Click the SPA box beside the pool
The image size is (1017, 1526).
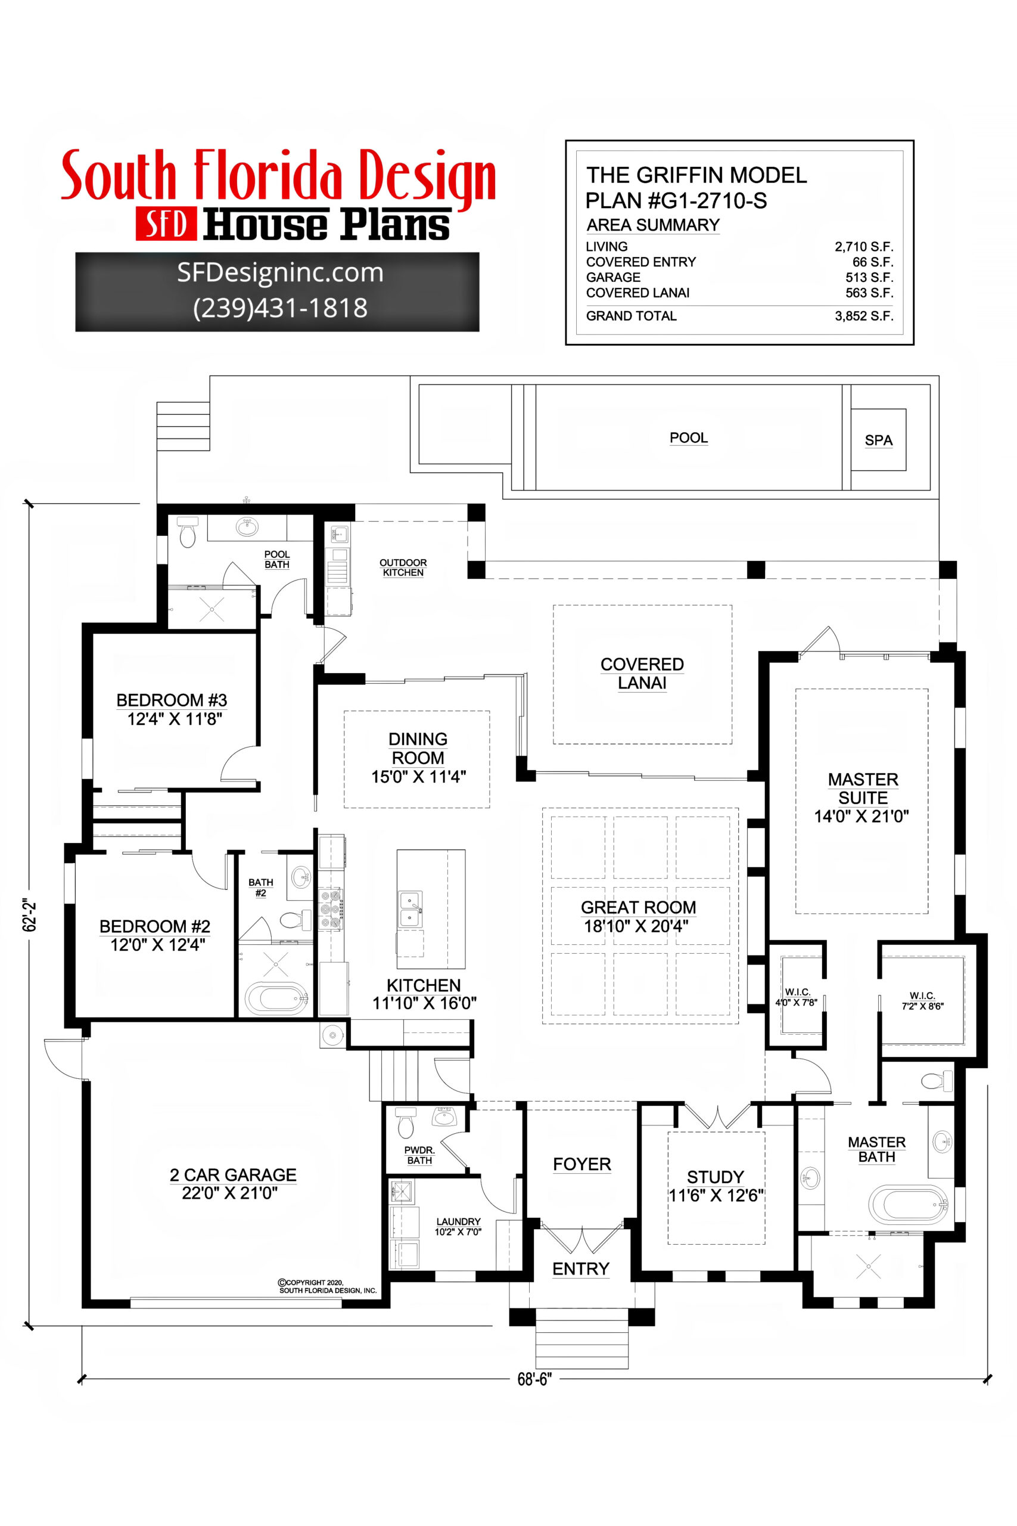[x=878, y=440]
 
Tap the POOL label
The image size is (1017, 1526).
[x=688, y=438]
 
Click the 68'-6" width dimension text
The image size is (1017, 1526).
[x=534, y=1379]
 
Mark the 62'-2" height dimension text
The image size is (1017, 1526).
[x=30, y=916]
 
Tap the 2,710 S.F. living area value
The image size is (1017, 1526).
[x=863, y=247]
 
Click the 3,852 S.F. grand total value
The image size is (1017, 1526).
[x=863, y=316]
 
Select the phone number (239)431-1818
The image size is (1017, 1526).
[x=280, y=308]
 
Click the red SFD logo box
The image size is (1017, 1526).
[x=166, y=225]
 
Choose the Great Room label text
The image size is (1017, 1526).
[x=638, y=907]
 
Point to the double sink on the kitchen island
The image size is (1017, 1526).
[x=410, y=909]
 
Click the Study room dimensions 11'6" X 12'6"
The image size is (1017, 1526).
[x=716, y=1195]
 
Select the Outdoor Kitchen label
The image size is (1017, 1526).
[x=403, y=567]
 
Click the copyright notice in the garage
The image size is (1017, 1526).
[x=327, y=1286]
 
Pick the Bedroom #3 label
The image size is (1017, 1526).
[x=172, y=700]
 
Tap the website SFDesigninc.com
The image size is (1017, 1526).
[x=280, y=272]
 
